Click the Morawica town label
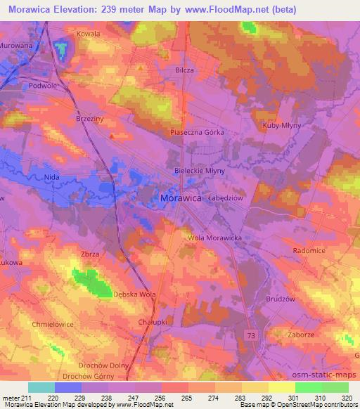point(181,198)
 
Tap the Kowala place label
point(89,33)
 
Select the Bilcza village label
point(184,71)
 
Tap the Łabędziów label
point(225,198)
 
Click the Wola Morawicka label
point(214,238)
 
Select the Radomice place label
point(309,249)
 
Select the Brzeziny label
point(89,119)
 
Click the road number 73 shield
point(252,337)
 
